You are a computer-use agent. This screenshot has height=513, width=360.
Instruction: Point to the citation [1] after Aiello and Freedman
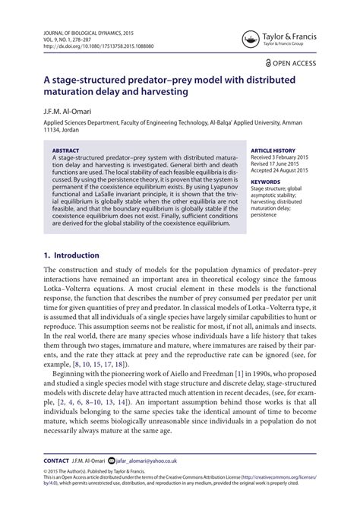coord(239,375)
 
